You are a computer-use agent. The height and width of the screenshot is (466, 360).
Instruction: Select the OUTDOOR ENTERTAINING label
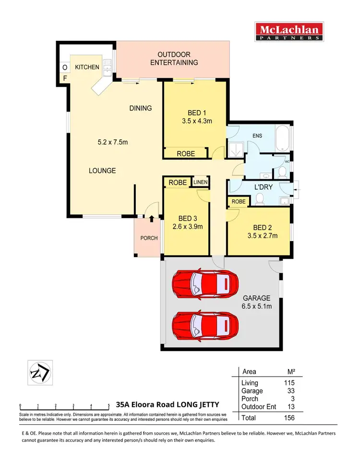(x=174, y=59)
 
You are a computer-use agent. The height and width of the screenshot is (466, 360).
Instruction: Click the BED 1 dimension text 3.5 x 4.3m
(x=194, y=122)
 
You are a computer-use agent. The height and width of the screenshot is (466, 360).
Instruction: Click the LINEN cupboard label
(x=201, y=183)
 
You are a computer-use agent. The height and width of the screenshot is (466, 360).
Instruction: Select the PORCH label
(x=148, y=238)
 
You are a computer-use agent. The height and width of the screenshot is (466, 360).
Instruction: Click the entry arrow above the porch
(x=152, y=219)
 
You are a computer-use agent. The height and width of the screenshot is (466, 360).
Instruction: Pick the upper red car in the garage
(x=205, y=283)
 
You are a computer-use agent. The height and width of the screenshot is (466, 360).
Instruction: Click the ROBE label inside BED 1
(x=186, y=154)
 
